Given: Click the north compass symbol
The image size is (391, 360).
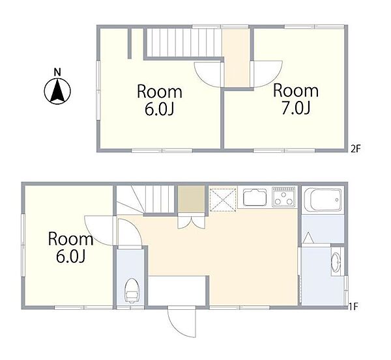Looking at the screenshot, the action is tap(57, 91).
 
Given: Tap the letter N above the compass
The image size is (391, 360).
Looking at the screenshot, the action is tap(57, 72).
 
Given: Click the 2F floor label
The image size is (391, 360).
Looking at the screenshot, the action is tap(356, 149).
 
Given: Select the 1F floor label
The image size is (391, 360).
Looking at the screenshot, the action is tap(353, 306).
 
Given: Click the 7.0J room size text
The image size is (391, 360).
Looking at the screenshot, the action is tap(296, 108).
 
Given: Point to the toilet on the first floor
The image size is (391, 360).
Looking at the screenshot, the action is tap(132, 291).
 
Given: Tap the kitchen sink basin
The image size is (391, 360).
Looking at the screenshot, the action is tap(255, 197).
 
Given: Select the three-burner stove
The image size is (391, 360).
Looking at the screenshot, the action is tap(284, 197).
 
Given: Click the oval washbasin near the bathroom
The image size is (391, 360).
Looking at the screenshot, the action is tap(336, 262).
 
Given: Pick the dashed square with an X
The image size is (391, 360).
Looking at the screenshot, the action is tap(223, 200).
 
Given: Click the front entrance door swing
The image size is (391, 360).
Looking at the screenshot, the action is tap(182, 322).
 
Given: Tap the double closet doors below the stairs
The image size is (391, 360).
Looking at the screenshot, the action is tap(191, 221).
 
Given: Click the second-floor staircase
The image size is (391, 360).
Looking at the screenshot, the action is tap(184, 42).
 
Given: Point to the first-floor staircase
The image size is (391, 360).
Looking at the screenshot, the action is tap(145, 200).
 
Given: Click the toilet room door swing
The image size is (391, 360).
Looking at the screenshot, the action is tap(130, 234).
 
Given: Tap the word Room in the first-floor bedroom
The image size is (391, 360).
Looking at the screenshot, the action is tap(70, 239).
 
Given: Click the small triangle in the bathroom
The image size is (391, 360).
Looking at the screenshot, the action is tap(308, 238).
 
